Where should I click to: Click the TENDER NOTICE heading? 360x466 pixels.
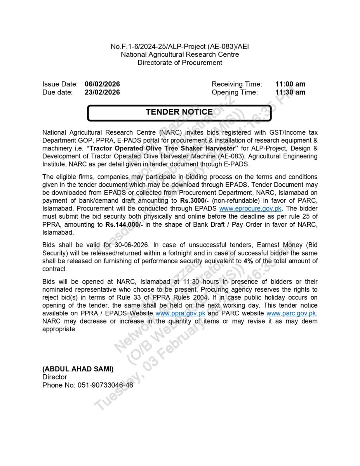tap(179, 112)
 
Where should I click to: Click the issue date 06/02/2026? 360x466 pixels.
tap(102, 84)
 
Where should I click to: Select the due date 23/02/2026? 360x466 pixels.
tap(102, 92)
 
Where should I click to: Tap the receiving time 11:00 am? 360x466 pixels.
tap(290, 84)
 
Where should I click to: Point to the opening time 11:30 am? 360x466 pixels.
tap(290, 92)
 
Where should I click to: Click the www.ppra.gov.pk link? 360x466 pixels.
tap(180, 313)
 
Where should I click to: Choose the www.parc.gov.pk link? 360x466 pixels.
tap(291, 313)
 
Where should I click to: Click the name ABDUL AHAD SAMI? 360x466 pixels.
tap(78, 369)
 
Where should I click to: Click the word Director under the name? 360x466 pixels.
tap(55, 377)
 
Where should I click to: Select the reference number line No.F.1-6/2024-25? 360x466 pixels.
tap(180, 47)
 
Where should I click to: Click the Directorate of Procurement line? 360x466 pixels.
tap(180, 63)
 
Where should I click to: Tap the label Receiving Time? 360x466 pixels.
tap(237, 84)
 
